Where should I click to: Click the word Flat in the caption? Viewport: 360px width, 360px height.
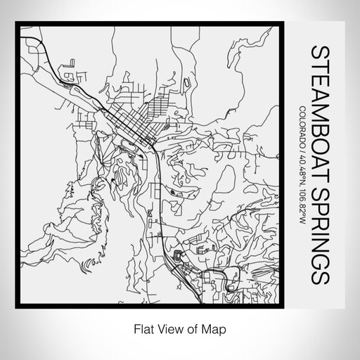(x=139, y=328)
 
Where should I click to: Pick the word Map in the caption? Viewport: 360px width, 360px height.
(x=216, y=328)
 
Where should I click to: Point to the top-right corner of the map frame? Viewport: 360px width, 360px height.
(x=286, y=22)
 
